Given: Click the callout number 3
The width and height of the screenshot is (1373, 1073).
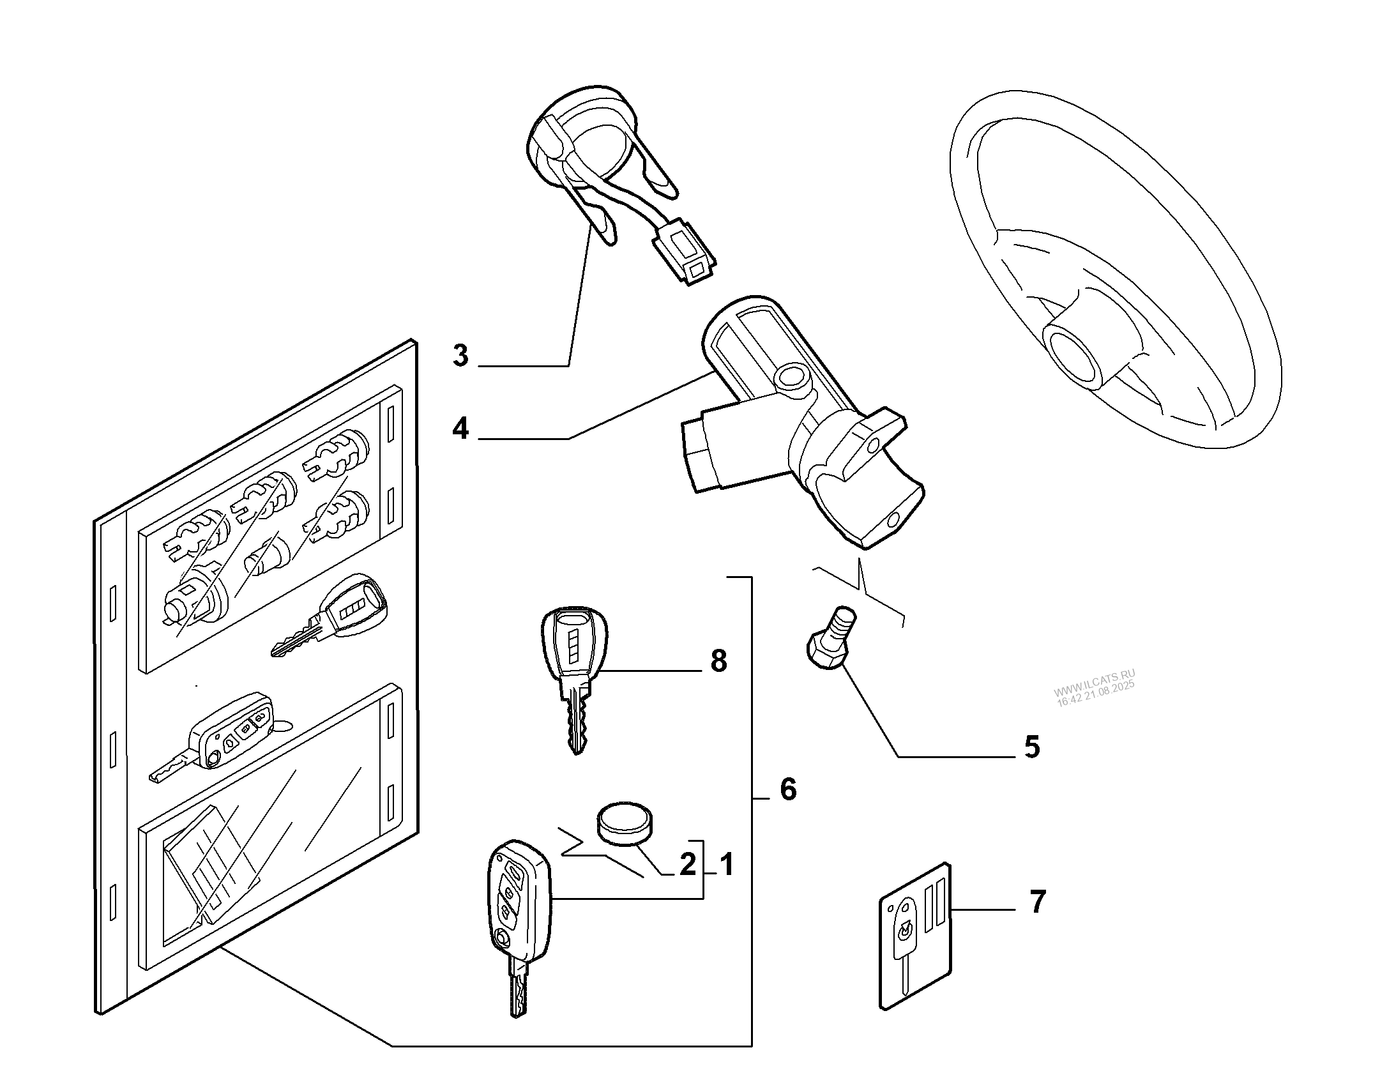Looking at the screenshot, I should [460, 356].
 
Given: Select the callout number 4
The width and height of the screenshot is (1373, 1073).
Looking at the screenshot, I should [460, 429].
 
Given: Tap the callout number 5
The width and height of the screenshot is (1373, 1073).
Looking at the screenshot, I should [1032, 747].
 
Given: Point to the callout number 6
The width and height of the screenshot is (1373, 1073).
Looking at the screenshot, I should [789, 790].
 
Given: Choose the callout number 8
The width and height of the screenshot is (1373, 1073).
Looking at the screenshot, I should [718, 661].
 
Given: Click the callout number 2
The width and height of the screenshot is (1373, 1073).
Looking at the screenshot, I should [687, 865].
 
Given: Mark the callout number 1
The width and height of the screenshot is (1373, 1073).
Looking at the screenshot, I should [727, 865].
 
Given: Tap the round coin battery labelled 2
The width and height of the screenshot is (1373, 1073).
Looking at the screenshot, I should [626, 824].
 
